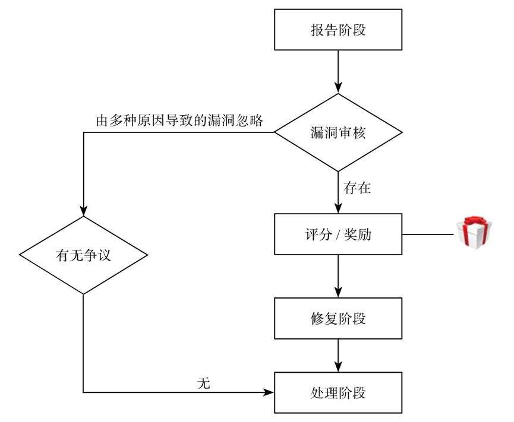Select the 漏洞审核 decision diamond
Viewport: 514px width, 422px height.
tap(338, 132)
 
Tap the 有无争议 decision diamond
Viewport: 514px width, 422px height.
tap(83, 255)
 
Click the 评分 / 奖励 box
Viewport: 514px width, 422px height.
tap(338, 234)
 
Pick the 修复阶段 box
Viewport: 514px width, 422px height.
tap(338, 318)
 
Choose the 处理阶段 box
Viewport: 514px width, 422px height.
tap(338, 392)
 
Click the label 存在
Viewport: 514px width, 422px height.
tap(357, 189)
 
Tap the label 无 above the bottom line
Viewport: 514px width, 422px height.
tap(203, 383)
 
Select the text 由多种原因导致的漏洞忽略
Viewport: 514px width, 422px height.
tap(179, 120)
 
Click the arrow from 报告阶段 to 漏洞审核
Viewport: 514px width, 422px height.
tap(338, 71)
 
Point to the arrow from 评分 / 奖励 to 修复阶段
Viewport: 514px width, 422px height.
tap(338, 276)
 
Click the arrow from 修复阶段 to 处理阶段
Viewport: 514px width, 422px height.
tap(338, 355)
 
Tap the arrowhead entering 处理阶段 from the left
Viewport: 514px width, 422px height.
tap(269, 392)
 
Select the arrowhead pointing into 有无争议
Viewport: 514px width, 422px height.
tap(83, 211)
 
